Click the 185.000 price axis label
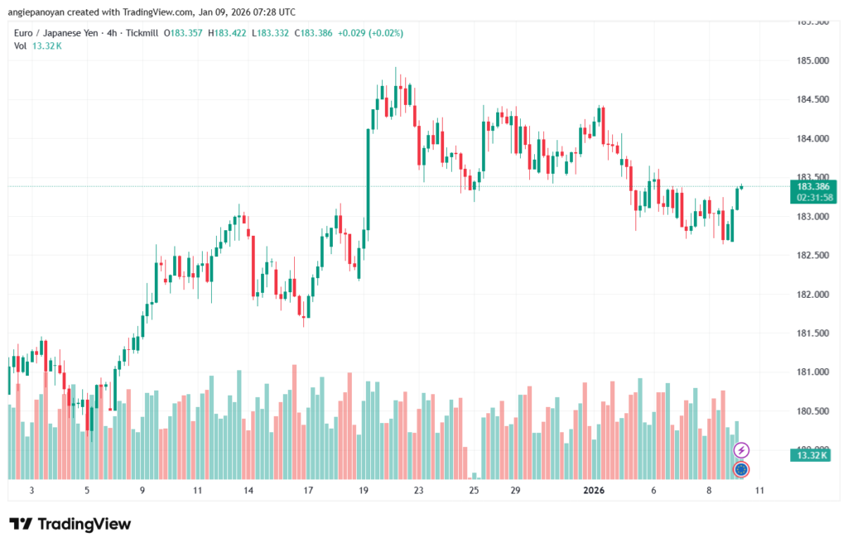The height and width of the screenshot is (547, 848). [x=811, y=61]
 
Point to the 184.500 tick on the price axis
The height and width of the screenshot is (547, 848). [x=811, y=100]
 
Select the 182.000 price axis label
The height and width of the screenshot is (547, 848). [x=811, y=295]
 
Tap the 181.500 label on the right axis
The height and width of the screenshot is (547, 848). [x=811, y=333]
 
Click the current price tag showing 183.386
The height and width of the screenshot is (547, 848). [x=811, y=187]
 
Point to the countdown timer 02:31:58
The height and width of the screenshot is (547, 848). [x=811, y=198]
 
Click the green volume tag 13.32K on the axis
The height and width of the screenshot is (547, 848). [x=811, y=456]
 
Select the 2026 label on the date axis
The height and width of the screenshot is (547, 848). [x=594, y=491]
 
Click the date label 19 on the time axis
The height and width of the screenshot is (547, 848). [x=364, y=491]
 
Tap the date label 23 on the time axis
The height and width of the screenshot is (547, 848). [x=419, y=491]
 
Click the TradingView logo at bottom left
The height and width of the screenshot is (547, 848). [x=70, y=524]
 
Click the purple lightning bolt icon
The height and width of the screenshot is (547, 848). [x=741, y=450]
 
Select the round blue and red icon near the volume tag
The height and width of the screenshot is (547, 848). [x=741, y=469]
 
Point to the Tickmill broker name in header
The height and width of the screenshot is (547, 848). [x=142, y=33]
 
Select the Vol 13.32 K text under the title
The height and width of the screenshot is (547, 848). [x=38, y=46]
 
